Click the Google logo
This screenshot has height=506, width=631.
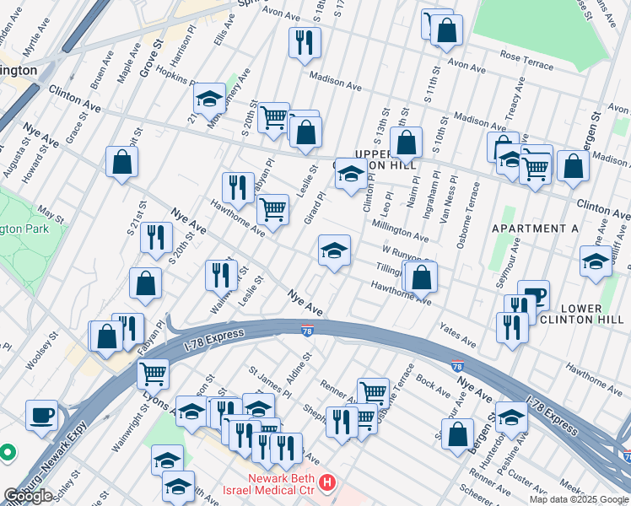pyautogui.click(x=28, y=496)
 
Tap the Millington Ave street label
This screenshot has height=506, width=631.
pyautogui.click(x=400, y=228)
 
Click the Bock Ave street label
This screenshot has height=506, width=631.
pyautogui.click(x=433, y=386)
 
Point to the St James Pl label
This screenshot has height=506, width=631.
pyautogui.click(x=269, y=382)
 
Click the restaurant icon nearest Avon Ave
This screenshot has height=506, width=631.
pyautogui.click(x=304, y=42)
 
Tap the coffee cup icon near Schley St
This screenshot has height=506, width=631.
pyautogui.click(x=41, y=414)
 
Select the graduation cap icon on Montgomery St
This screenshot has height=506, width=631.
pyautogui.click(x=209, y=99)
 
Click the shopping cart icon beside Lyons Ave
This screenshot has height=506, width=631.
pyautogui.click(x=152, y=372)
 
